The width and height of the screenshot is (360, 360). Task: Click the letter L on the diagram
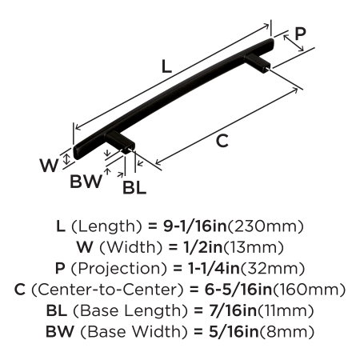pyautogui.click(x=166, y=66)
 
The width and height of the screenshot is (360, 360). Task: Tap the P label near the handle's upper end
pyautogui.click(x=300, y=34)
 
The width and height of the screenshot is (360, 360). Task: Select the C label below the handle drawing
pyautogui.click(x=222, y=141)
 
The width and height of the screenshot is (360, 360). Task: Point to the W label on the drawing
pyautogui.click(x=49, y=166)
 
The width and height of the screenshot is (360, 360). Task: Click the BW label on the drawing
pyautogui.click(x=86, y=182)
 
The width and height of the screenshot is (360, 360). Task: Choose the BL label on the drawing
pyautogui.click(x=134, y=187)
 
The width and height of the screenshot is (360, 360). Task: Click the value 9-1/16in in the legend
pyautogui.click(x=194, y=226)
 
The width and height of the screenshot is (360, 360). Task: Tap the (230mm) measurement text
pyautogui.click(x=266, y=226)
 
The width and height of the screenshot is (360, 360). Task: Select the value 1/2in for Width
pyautogui.click(x=202, y=247)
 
